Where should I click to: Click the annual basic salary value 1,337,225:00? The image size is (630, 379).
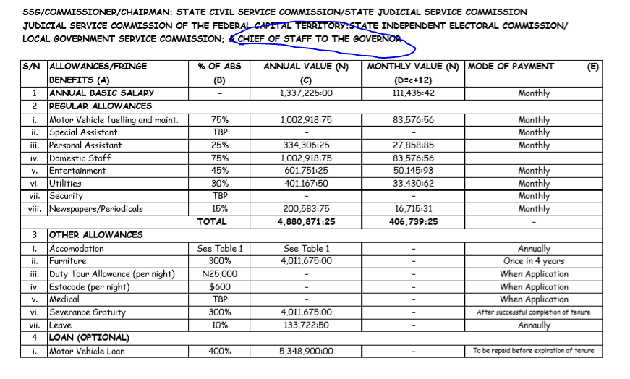pos(306,93)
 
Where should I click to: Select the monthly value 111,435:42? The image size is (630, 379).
pos(414,93)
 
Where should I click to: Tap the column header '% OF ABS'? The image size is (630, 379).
pos(219,67)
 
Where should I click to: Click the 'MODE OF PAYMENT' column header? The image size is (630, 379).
pos(511,67)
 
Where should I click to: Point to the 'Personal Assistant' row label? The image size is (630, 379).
pos(85,145)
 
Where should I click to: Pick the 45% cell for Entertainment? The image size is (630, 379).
pos(219,171)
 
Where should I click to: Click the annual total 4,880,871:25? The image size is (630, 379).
pos(306,222)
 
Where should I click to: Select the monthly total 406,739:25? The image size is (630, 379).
pos(414,222)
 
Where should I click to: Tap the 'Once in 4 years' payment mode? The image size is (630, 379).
pos(534,261)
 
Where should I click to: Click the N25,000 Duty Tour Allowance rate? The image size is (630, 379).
pos(219,274)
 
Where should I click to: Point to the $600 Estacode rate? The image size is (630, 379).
pos(219,287)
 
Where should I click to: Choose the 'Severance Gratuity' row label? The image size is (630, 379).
pos(88,312)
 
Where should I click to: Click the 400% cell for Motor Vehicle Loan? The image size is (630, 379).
pos(219,352)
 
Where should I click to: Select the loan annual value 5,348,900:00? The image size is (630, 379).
pos(306,352)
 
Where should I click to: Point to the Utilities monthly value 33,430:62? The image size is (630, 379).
pos(414,184)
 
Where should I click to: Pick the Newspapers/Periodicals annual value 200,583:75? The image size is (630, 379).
pos(306,209)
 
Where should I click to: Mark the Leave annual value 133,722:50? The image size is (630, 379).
pos(306,325)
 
